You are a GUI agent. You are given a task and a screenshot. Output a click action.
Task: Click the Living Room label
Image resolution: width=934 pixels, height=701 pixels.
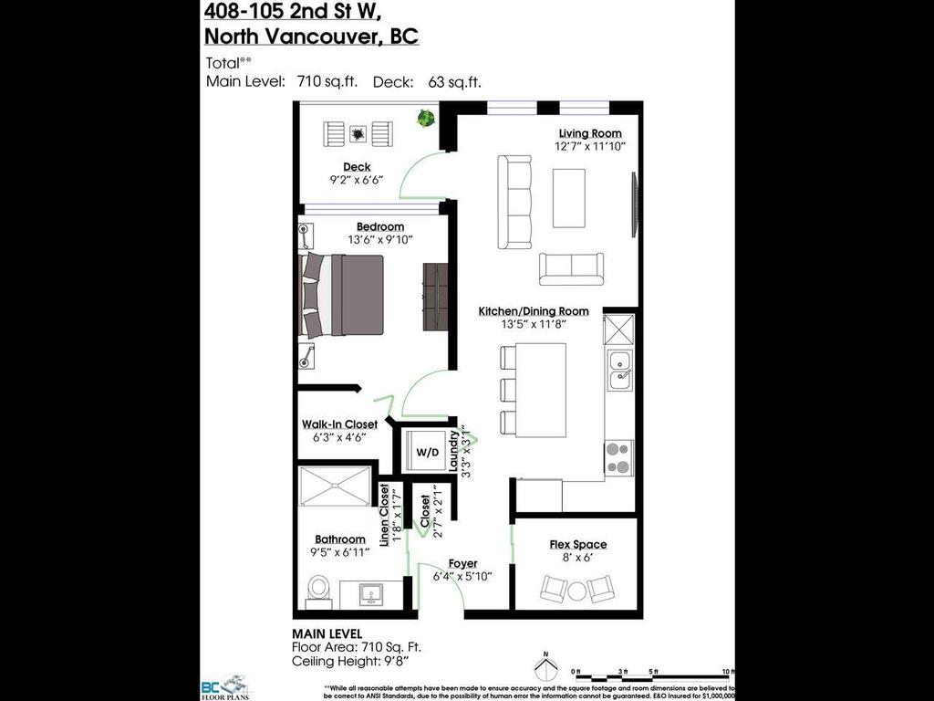tap(590, 133)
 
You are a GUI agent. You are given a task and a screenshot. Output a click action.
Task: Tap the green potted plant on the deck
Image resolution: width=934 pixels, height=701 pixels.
tap(426, 118)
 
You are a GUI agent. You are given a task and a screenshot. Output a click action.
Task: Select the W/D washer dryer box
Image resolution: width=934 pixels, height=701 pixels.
tap(426, 452)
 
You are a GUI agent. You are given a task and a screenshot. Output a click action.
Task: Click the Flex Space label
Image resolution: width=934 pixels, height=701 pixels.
tap(577, 544)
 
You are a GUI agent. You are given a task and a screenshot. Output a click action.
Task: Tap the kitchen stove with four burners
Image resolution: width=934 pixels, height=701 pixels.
tap(618, 455)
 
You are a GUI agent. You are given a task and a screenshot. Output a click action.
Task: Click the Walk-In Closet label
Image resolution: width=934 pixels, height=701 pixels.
tap(339, 424)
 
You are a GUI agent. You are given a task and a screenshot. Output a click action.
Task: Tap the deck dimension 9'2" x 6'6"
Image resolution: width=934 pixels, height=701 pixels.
tap(357, 180)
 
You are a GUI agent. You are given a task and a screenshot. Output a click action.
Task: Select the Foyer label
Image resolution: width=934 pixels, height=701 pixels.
tap(462, 563)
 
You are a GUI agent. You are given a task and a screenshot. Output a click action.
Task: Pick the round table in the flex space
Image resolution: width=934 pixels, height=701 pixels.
tap(577, 591)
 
